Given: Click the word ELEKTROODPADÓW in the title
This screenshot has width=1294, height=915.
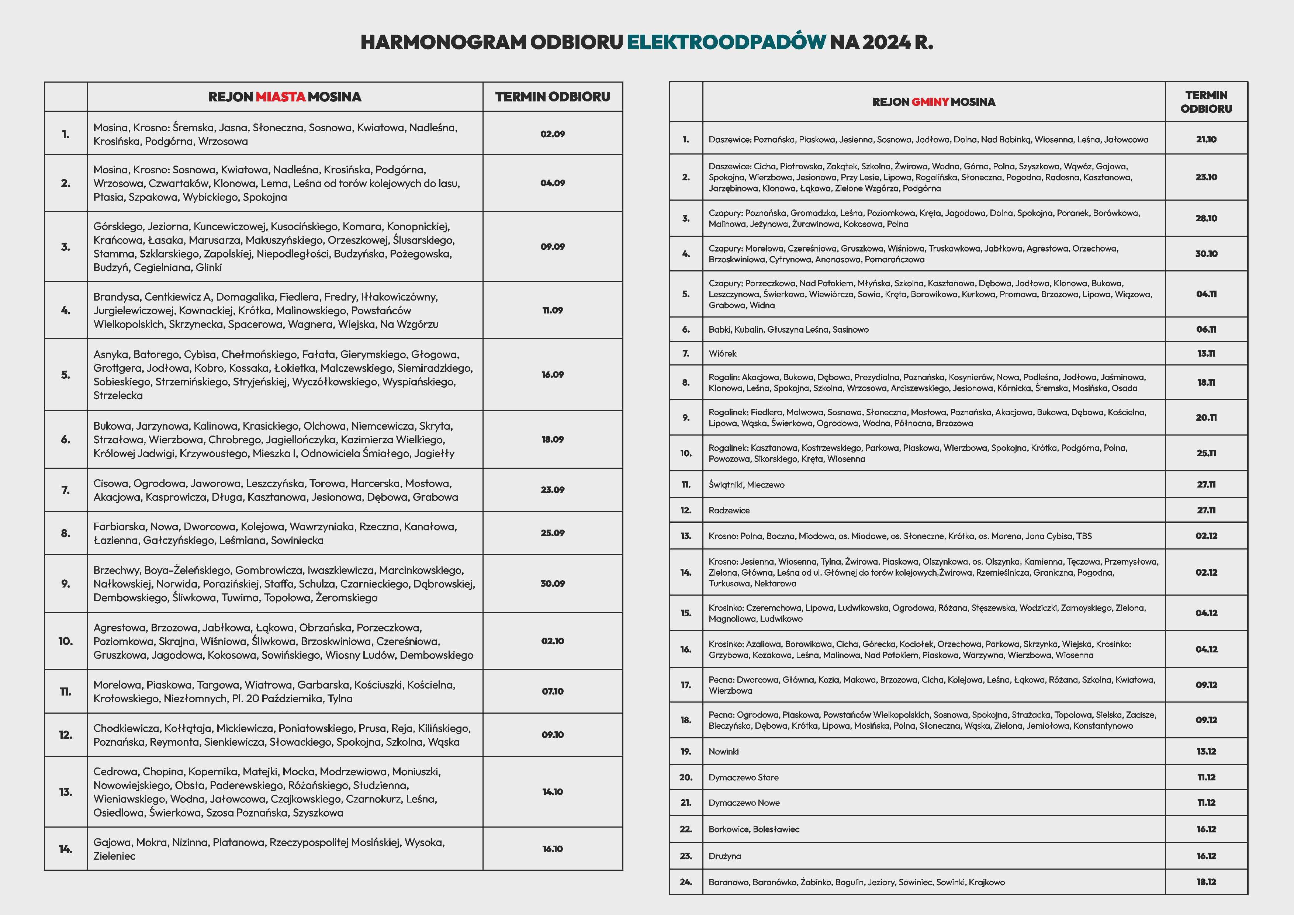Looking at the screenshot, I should (726, 42).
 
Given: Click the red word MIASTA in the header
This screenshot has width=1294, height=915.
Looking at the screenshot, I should (280, 97).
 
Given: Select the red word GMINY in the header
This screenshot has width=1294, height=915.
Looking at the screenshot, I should (930, 102).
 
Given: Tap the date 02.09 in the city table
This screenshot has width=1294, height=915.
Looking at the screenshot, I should (552, 134).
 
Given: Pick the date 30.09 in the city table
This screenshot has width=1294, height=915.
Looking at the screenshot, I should (552, 584).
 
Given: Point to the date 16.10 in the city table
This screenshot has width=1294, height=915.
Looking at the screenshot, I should (552, 849).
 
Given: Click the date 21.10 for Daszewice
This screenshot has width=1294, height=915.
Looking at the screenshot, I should (1206, 139).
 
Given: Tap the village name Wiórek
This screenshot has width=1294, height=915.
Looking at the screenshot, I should (723, 354).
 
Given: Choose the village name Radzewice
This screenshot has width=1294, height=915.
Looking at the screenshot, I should (729, 510).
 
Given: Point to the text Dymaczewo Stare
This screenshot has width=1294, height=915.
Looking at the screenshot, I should (743, 777).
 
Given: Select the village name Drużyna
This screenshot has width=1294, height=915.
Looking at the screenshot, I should (725, 856).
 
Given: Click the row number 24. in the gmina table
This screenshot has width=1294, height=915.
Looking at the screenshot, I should (686, 882).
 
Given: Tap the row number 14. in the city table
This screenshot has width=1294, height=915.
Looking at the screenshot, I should (65, 849).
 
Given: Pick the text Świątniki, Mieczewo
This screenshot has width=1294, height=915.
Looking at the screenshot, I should (746, 485).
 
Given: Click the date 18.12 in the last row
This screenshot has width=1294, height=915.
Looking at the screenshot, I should (1206, 882).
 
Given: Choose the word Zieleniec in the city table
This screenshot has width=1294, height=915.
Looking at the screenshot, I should (114, 856).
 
